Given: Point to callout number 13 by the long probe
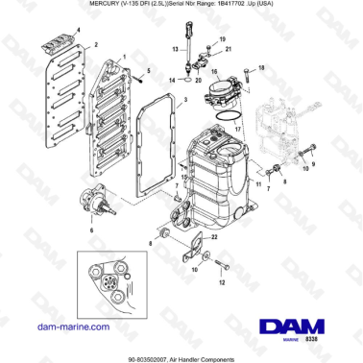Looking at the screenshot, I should coord(174,45).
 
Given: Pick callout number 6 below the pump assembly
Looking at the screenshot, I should coord(91,231).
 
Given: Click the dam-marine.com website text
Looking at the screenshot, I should coord(62,328).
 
